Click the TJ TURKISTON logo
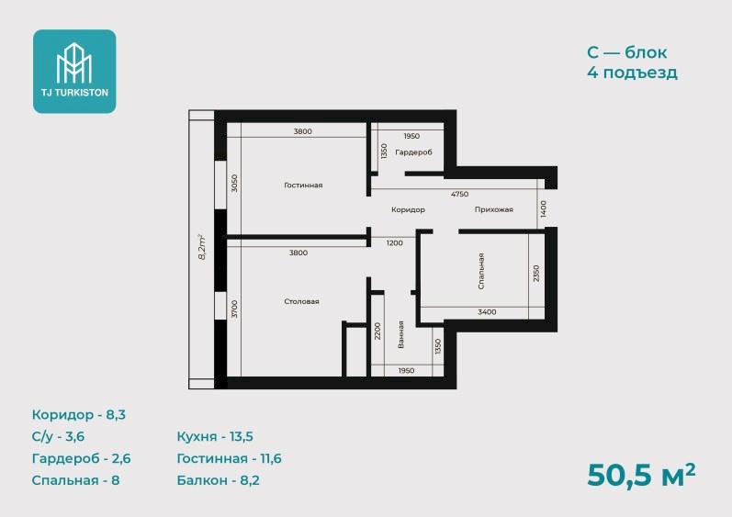(x=74, y=72)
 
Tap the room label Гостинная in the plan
(x=303, y=185)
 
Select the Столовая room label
(x=301, y=301)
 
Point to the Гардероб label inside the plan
(x=413, y=152)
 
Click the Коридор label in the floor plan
(x=408, y=209)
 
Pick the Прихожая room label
(x=494, y=209)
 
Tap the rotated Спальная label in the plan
(x=481, y=271)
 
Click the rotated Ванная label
(x=400, y=334)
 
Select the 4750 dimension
(x=460, y=194)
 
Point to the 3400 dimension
(x=487, y=311)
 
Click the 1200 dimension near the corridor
(x=395, y=242)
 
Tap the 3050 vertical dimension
(x=235, y=184)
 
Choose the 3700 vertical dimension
(x=235, y=309)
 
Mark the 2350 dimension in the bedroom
(x=536, y=274)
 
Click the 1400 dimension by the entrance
(x=543, y=209)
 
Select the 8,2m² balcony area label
(x=202, y=247)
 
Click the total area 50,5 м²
(x=641, y=475)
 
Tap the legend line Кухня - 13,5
(x=215, y=437)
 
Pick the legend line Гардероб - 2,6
(x=81, y=458)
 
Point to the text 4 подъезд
(x=632, y=73)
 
